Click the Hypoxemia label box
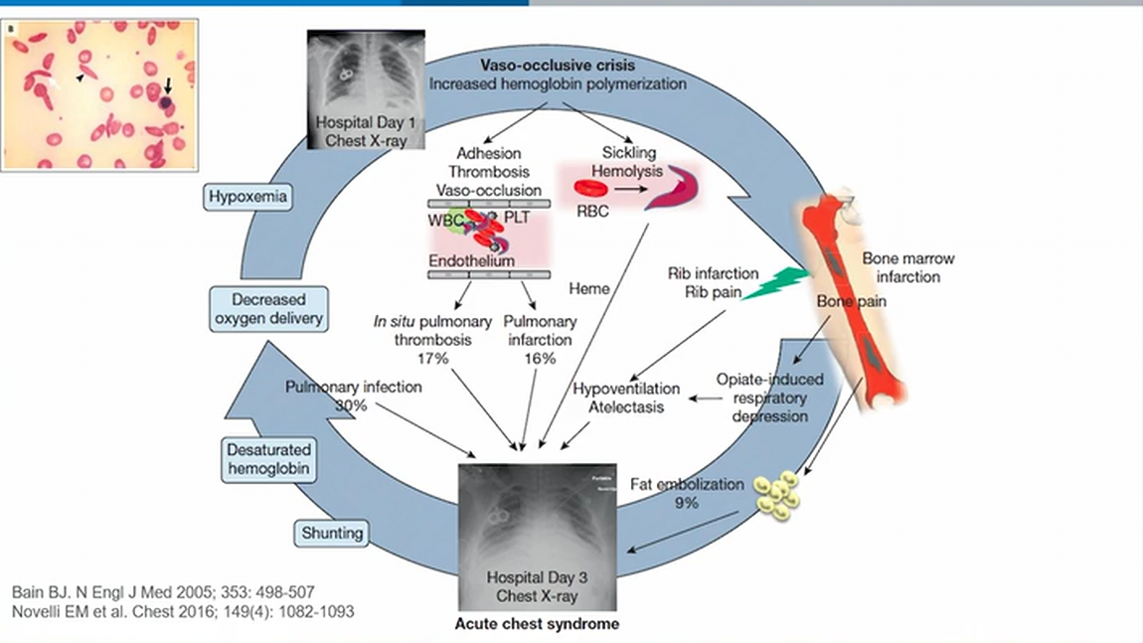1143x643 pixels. point(248,198)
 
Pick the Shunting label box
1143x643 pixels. point(330,534)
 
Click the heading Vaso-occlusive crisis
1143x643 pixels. point(558,66)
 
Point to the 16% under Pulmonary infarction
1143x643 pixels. point(541,357)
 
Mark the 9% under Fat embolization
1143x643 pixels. point(687,503)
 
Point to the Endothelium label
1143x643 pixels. point(471,260)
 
